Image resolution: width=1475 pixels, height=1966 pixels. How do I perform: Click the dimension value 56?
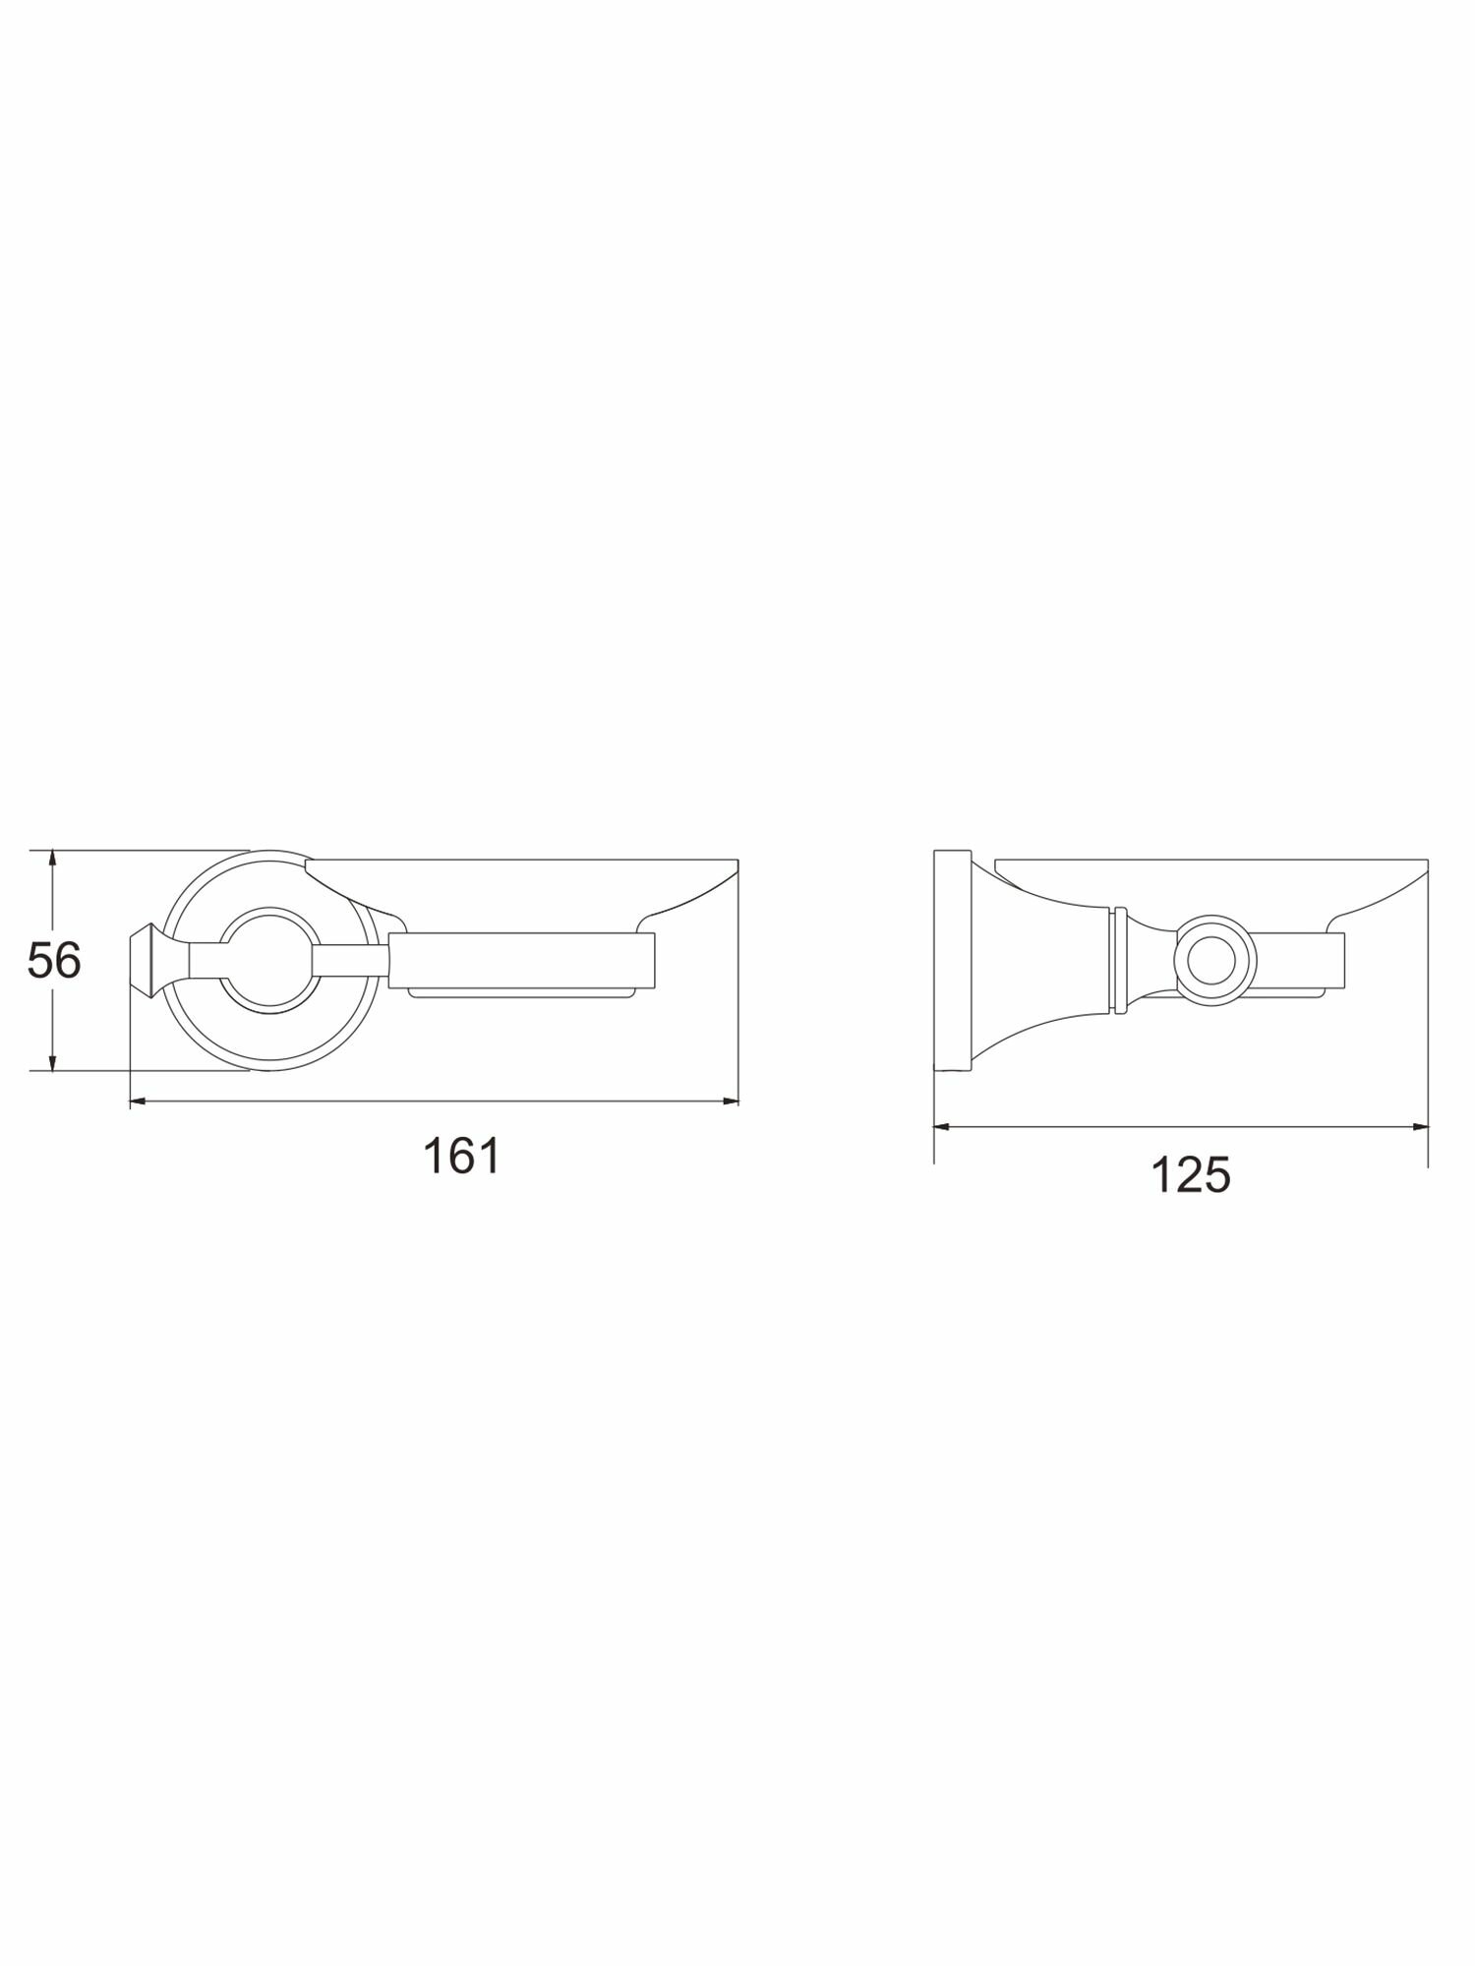[54, 961]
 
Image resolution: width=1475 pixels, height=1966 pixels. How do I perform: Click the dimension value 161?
[461, 1156]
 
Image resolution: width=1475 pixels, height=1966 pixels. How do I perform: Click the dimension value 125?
[1191, 1174]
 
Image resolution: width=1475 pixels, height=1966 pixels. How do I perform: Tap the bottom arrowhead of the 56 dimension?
[53, 1060]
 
